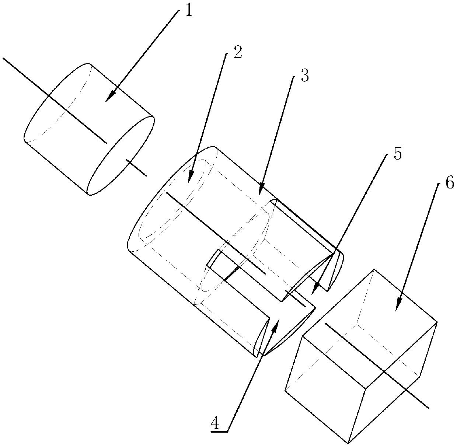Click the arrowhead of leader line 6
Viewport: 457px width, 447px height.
398,305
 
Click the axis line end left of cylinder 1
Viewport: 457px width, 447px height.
3,58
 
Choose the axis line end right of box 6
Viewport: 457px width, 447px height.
429,408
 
